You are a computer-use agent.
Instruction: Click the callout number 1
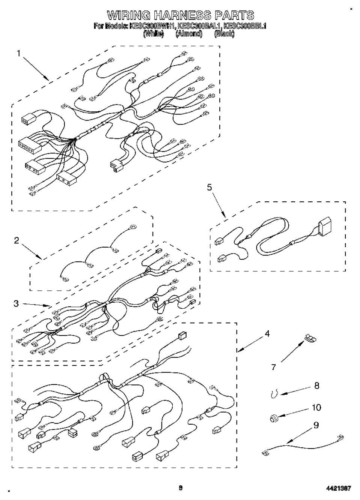point(18,53)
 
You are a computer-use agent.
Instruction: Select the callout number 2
point(17,240)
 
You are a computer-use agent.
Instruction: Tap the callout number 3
point(16,303)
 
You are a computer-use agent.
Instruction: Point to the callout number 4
point(267,333)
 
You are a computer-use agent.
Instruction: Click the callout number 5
point(209,188)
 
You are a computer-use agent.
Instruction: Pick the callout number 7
point(274,367)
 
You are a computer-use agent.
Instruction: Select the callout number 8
point(316,385)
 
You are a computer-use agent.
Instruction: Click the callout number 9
point(316,425)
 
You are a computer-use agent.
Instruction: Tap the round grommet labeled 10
point(273,417)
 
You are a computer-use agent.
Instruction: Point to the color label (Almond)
point(189,34)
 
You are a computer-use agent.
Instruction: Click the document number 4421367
point(339,488)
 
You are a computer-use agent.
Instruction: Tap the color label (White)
point(154,34)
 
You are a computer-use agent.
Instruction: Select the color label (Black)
point(224,34)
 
